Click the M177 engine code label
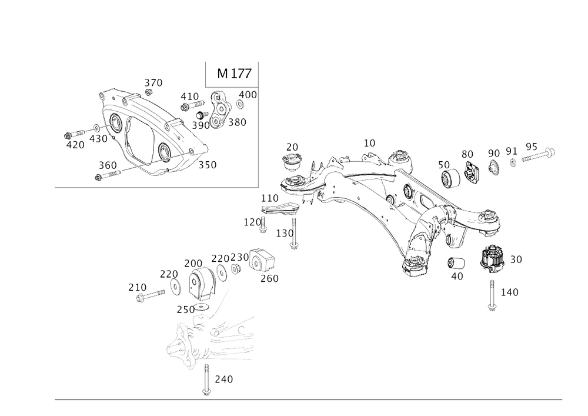(234, 74)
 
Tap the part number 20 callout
(292, 146)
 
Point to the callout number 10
(369, 142)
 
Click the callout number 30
(516, 259)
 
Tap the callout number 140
(509, 292)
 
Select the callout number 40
(457, 275)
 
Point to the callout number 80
(467, 154)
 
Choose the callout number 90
(494, 153)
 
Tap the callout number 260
(270, 277)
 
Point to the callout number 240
(223, 380)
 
